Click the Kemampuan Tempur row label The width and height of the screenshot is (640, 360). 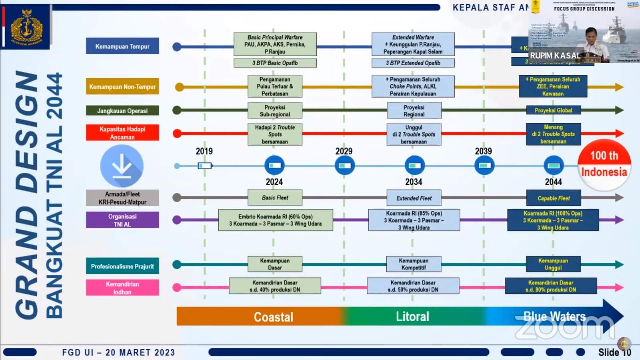pos(122,46)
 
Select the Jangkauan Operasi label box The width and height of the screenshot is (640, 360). pos(122,110)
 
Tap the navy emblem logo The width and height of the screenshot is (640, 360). pos(26,27)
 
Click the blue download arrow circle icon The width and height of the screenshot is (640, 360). pos(122,166)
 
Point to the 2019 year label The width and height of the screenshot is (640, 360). pos(204,151)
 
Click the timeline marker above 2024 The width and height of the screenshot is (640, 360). pos(274,165)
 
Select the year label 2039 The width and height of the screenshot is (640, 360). pos(483,151)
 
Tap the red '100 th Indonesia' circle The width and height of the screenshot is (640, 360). pos(604,164)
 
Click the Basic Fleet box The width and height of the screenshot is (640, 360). pos(275,198)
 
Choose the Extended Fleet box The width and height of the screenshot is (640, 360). pos(414,198)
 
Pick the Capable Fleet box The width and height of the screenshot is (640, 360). pos(553,198)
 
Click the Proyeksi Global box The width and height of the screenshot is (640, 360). pos(553,110)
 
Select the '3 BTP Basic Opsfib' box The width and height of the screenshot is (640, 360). pos(275,63)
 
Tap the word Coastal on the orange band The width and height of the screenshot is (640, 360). pos(274,317)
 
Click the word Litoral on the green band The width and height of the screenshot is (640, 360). pos(412,316)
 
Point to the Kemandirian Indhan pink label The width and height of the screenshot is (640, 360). pos(122,288)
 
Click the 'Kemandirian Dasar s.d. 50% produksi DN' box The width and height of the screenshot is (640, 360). pos(413,286)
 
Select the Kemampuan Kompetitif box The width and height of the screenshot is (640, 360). pos(414,264)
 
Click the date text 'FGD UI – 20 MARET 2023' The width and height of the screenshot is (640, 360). pos(118,352)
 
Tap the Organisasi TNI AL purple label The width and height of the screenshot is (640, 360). pos(122,220)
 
